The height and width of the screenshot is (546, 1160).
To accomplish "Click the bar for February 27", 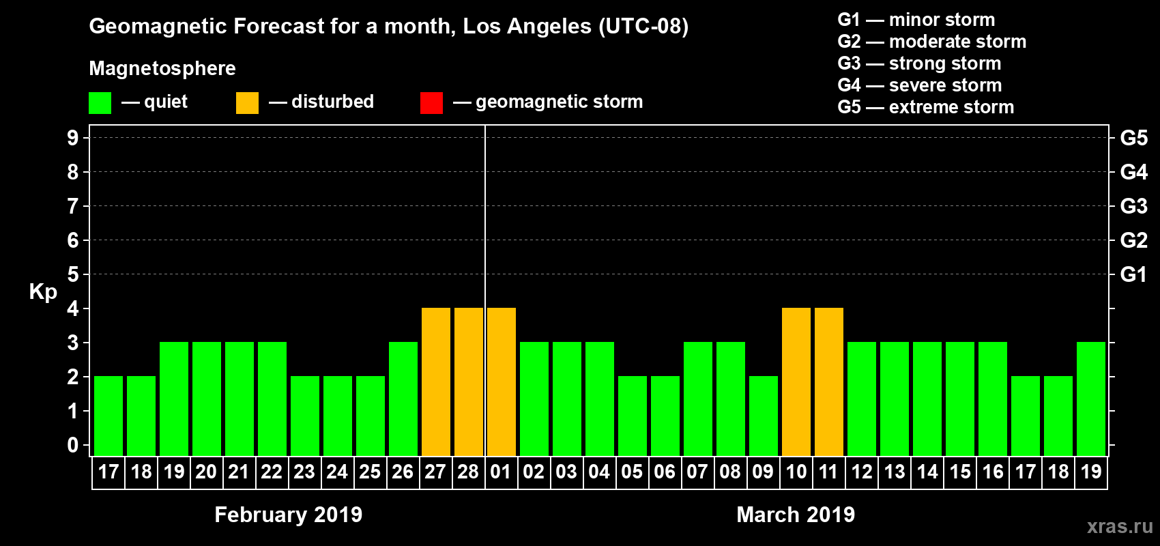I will [436, 382].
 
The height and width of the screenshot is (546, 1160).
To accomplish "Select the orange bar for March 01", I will [502, 382].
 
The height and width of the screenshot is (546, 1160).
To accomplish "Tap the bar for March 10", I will [796, 382].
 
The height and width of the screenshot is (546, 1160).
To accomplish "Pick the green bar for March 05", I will [633, 416].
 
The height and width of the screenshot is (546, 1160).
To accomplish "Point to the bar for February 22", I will [272, 399].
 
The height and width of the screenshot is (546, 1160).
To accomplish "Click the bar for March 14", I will [927, 399].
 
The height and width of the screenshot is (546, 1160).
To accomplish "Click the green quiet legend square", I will [100, 103].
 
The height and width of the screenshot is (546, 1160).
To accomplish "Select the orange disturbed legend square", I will [247, 103].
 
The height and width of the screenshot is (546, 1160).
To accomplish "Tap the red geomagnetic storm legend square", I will [431, 103].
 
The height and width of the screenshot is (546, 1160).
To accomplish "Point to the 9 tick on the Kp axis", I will [73, 138].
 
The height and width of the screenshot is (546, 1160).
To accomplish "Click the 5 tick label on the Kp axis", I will [73, 274].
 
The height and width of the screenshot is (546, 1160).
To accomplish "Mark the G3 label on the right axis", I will [1133, 206].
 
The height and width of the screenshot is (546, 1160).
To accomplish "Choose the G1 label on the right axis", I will [1133, 274].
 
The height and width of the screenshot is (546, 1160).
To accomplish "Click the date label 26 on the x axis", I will [403, 472].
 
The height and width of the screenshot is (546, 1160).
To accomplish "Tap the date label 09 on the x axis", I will [763, 472].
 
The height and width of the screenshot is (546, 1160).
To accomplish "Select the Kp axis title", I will [43, 291].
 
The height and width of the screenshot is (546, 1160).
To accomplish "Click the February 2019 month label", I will [288, 515].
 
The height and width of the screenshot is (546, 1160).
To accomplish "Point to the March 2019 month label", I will [796, 515].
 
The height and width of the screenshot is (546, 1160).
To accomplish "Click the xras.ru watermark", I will [1120, 526].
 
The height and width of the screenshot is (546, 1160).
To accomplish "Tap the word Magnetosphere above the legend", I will [162, 68].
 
